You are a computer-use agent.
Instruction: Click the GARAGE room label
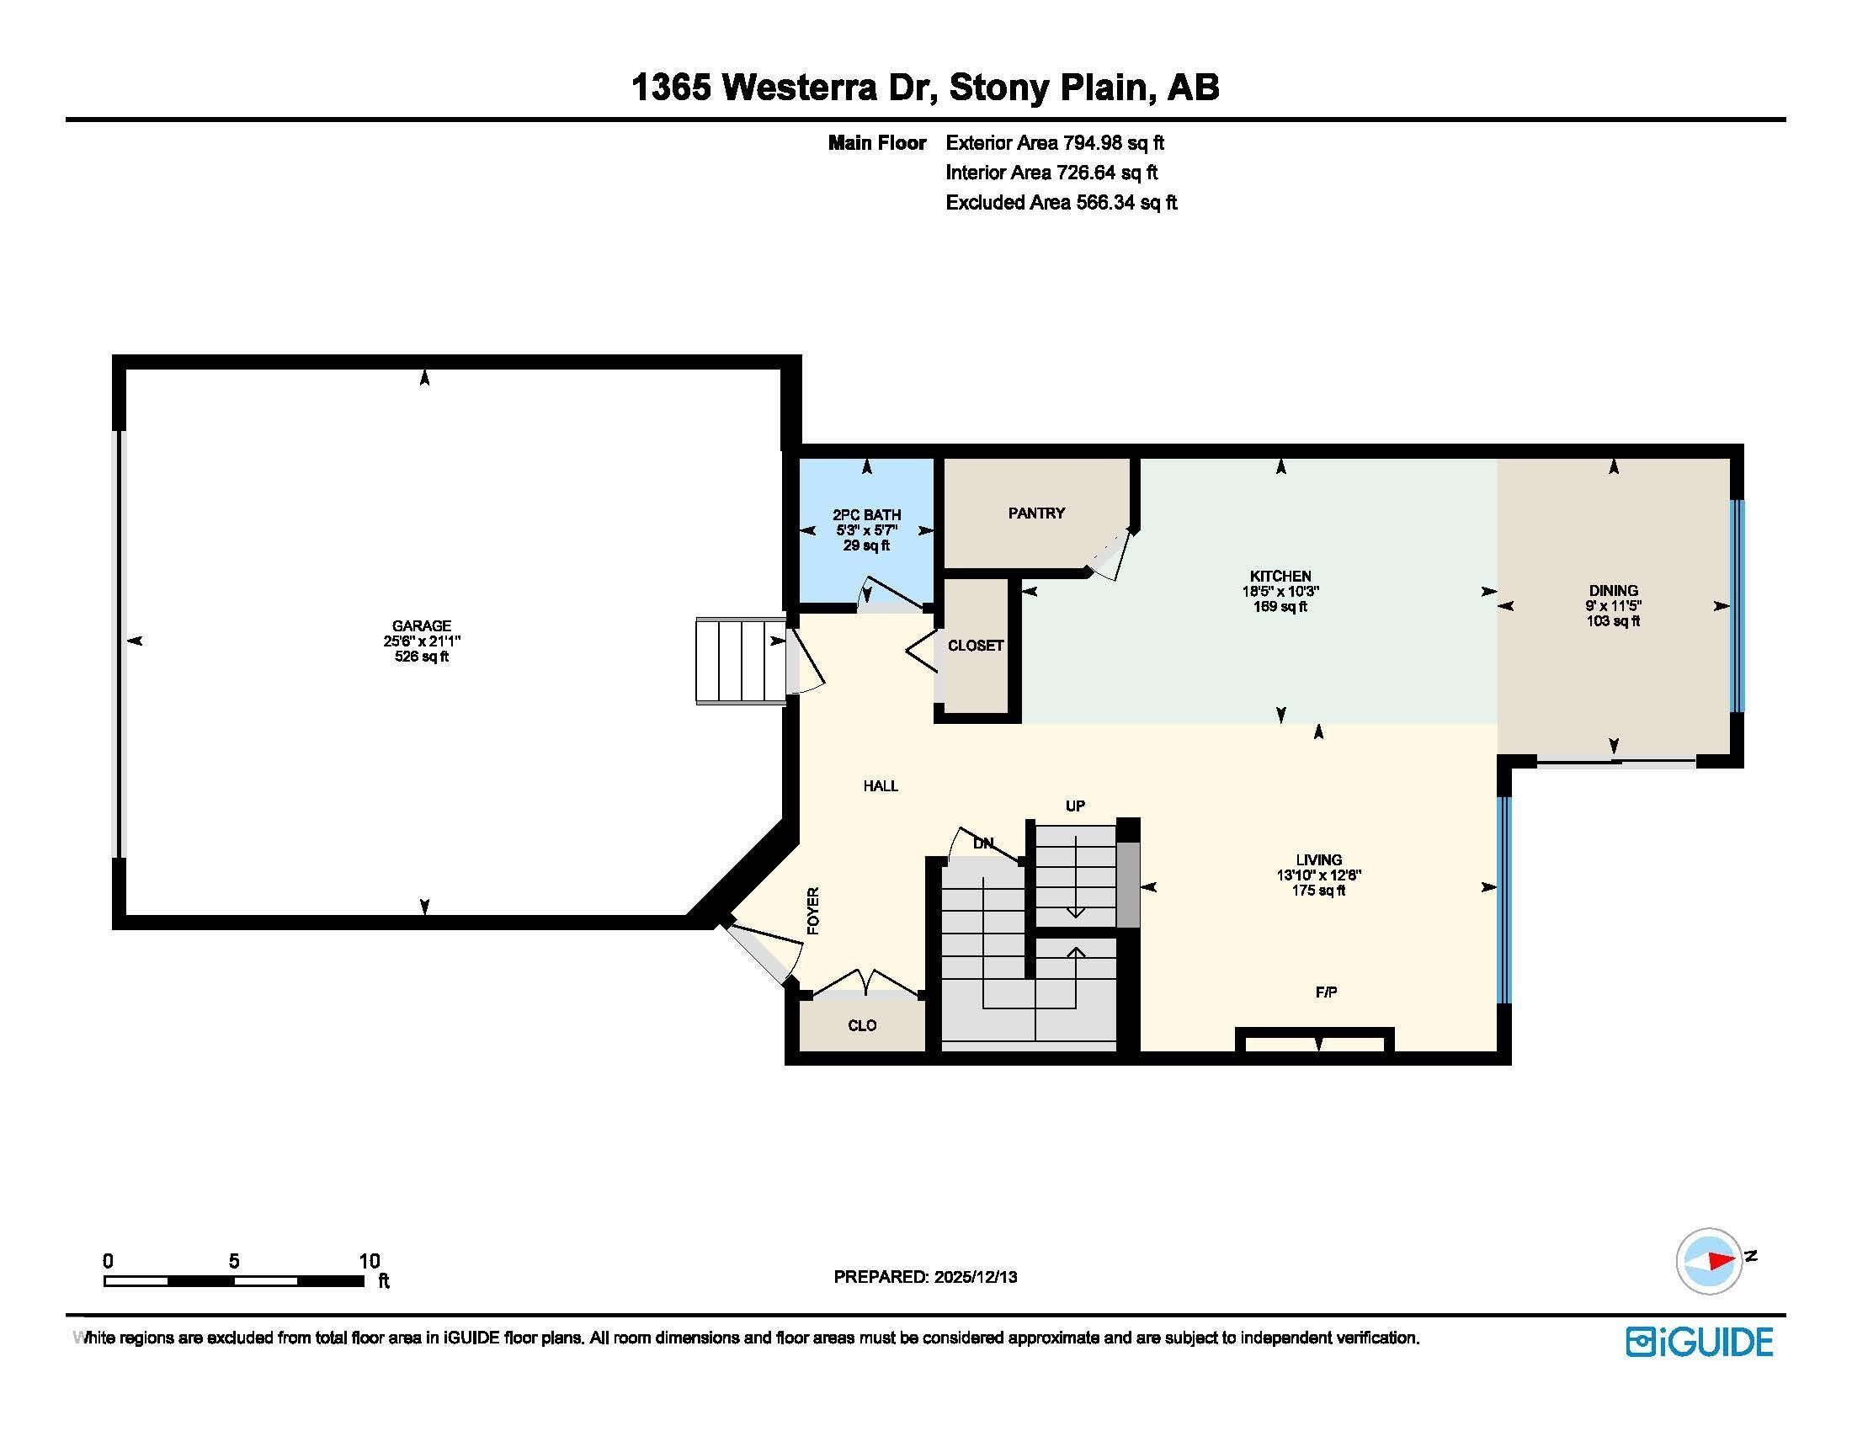[422, 625]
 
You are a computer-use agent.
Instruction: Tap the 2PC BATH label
[866, 514]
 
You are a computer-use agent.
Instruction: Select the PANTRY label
[1036, 513]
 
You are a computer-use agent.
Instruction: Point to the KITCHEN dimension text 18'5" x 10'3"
[1280, 592]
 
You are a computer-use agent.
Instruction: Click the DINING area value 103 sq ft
[1613, 620]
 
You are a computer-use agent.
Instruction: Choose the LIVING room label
[1318, 859]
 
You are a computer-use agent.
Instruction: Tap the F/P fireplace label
[1326, 992]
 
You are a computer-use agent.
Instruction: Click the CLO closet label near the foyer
[862, 1026]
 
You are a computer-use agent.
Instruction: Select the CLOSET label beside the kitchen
[976, 645]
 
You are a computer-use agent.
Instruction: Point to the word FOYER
[813, 911]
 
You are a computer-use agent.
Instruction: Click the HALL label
[881, 786]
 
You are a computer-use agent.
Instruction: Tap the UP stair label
[1075, 806]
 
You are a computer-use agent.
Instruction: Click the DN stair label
[983, 843]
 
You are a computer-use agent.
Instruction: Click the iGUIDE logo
[1700, 1342]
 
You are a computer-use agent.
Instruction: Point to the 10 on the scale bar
[370, 1261]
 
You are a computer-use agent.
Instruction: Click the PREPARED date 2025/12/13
[975, 1277]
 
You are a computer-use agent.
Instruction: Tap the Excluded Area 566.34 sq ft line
[1062, 203]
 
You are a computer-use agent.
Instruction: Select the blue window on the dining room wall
[1737, 606]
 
